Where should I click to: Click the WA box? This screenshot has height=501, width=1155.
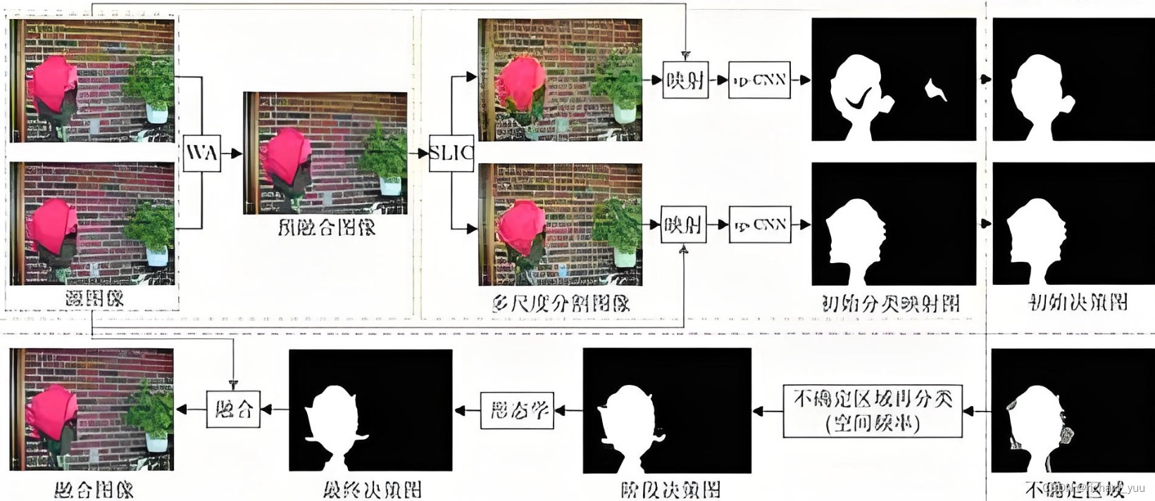[201, 153]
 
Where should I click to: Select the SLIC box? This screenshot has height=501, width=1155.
[451, 153]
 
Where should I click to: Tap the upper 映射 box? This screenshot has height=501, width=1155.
[685, 80]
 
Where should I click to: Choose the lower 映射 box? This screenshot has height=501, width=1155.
[683, 224]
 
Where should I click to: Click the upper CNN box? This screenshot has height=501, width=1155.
[759, 80]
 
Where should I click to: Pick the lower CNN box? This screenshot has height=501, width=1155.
[759, 224]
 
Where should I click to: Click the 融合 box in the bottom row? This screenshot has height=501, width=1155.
[233, 409]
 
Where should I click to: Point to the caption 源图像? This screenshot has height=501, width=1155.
[94, 298]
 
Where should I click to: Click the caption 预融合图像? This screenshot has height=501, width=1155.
[325, 227]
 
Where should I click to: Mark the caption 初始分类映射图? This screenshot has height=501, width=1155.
[891, 303]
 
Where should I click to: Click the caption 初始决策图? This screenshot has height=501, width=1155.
[1078, 303]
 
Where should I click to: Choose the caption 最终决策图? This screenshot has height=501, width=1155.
[371, 488]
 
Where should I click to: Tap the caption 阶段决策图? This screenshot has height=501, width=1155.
[670, 488]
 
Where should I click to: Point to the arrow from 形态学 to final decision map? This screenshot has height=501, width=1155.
[468, 410]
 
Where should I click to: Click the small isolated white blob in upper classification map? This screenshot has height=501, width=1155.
[936, 89]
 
